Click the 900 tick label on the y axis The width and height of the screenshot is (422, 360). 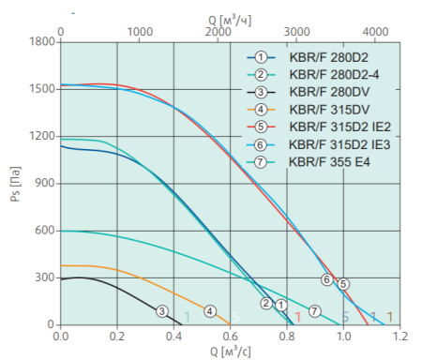(43, 184)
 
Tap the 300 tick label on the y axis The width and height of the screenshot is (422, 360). (43, 278)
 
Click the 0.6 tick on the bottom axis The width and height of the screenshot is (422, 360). (230, 335)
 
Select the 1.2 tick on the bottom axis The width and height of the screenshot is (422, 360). (399, 335)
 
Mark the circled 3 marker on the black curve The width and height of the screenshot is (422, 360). (162, 311)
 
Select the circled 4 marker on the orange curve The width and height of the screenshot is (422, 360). (210, 311)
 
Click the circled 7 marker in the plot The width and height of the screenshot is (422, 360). (315, 310)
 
